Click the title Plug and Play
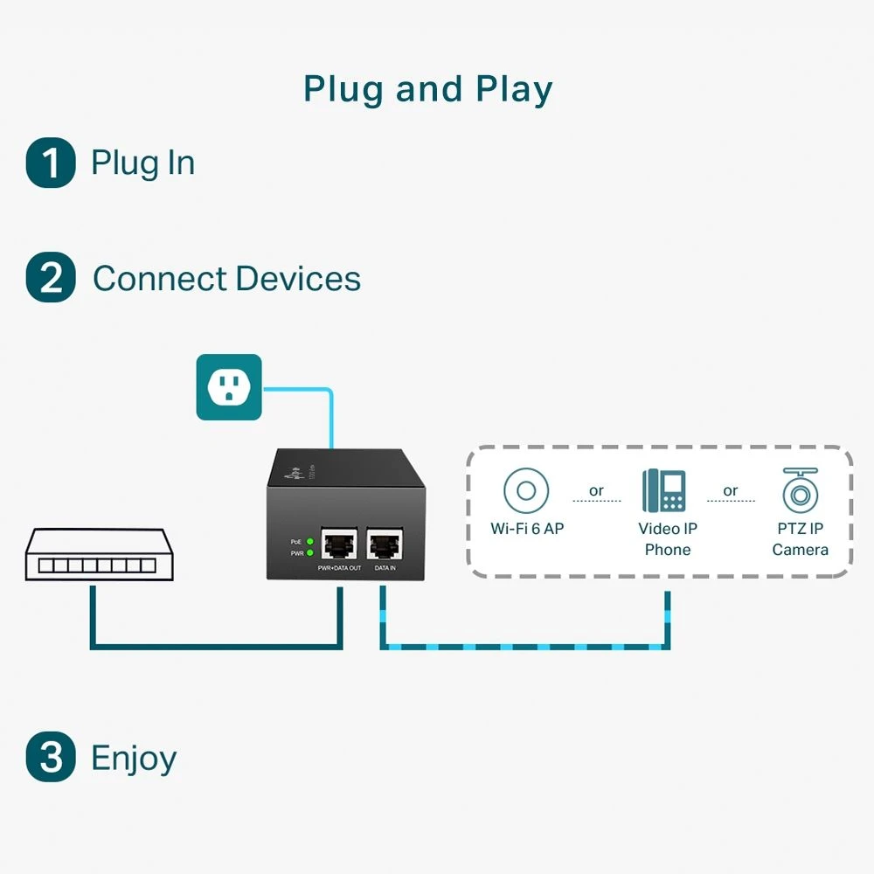point(427,89)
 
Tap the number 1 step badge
point(51,163)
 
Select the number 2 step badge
point(51,278)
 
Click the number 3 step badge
point(51,757)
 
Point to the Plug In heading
point(142,163)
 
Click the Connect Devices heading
point(226,279)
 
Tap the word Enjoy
point(134,758)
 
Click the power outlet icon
point(229,387)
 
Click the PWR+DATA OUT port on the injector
point(340,544)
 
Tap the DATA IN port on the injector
point(385,544)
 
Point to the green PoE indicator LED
point(309,542)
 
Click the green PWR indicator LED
point(309,553)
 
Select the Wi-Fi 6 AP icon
point(526,490)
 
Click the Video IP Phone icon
point(664,490)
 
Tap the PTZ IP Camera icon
point(800,490)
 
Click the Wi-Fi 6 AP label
point(526,529)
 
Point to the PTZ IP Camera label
point(800,539)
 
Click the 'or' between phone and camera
point(731,490)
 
